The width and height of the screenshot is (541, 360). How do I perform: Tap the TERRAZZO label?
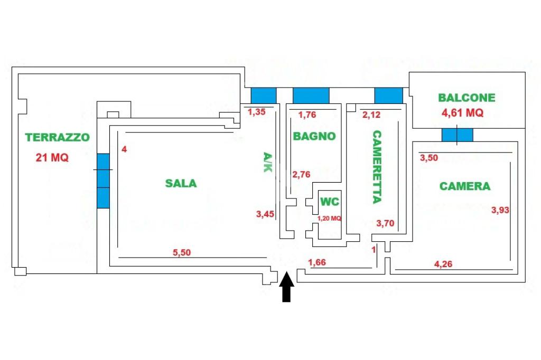58,137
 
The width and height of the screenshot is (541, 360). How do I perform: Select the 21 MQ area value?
52,157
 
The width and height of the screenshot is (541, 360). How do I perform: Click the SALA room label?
181,184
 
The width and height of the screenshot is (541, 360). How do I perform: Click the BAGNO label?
314,136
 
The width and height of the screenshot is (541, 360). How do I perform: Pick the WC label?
330,202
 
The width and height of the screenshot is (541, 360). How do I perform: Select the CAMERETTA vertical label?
377,167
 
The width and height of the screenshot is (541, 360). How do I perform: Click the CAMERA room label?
465,186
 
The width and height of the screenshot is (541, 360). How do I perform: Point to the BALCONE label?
467,98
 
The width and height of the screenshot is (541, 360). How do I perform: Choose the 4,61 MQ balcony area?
463,112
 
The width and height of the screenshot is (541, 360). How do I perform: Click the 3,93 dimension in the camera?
500,210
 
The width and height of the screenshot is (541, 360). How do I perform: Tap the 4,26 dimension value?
443,264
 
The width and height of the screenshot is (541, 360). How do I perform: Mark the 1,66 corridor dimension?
317,262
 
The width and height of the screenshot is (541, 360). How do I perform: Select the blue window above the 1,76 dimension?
311,96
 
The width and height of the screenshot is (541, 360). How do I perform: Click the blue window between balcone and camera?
458,135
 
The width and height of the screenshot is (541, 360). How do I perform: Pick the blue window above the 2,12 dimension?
388,96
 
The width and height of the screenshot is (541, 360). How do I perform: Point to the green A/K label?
268,163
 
